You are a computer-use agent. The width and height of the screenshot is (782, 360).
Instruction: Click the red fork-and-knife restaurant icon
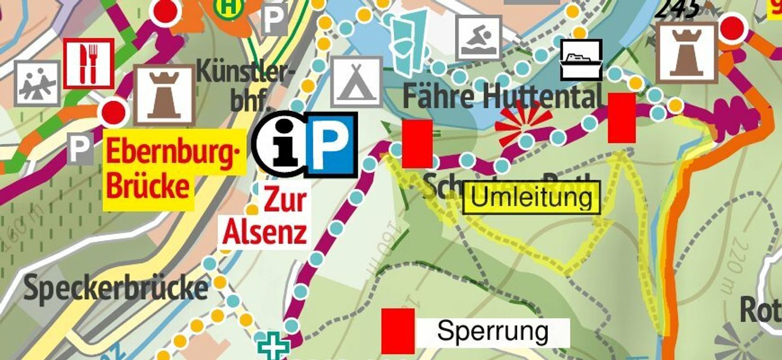88,63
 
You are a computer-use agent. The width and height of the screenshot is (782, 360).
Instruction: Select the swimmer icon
478,37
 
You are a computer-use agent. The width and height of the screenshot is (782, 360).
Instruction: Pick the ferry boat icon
581,60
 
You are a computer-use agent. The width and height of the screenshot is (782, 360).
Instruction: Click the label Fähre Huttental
502,96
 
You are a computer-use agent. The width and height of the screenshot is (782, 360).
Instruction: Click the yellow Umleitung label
532,198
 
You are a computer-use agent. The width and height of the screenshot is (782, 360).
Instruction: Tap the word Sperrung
492,332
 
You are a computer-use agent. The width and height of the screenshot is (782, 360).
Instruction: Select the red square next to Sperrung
398,331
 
